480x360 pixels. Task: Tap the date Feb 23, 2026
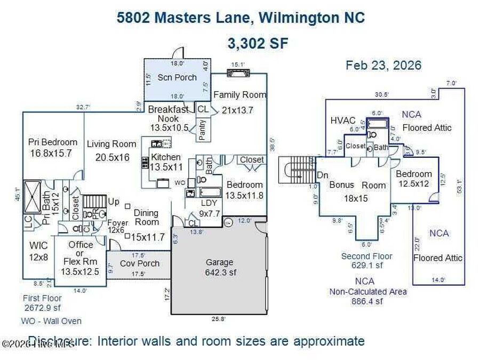383,65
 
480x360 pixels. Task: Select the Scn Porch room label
177,77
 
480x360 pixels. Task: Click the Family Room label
239,94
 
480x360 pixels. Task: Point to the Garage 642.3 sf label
219,267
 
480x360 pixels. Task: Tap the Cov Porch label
140,263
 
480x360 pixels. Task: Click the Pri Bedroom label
52,142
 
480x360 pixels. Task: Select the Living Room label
111,143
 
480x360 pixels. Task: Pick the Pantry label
202,130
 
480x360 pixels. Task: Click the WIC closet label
38,246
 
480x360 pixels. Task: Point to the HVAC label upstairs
343,121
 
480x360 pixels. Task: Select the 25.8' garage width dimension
219,319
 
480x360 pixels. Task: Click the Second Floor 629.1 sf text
366,261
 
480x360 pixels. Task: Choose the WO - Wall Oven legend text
51,321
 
